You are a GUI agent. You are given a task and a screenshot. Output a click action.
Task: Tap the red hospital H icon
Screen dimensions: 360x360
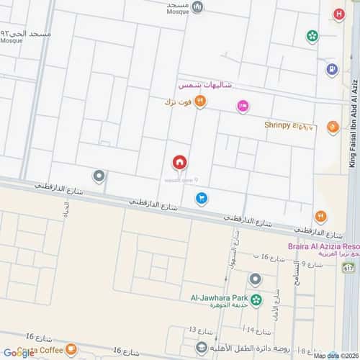pyautogui.click(x=338, y=14)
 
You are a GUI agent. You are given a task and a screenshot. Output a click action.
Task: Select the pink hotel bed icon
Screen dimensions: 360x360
pyautogui.click(x=243, y=106)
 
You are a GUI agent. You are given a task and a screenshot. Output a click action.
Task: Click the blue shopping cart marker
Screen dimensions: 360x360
pyautogui.click(x=202, y=197)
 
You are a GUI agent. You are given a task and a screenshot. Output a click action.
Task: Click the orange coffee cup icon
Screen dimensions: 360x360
pyautogui.click(x=71, y=351)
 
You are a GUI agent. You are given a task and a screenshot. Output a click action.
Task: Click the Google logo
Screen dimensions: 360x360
pyautogui.click(x=18, y=353)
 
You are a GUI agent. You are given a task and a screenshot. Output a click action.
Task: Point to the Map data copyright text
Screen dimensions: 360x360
pyautogui.click(x=335, y=356)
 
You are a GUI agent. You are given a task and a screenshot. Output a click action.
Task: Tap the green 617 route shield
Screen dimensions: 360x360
pyautogui.click(x=348, y=268)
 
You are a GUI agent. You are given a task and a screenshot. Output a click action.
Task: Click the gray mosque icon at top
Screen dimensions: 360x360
pyautogui.click(x=198, y=7)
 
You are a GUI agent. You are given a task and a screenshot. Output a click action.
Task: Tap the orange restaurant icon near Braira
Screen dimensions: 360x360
pyautogui.click(x=320, y=215)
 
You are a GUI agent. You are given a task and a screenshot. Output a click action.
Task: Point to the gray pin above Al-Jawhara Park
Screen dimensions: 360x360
pyautogui.click(x=254, y=279)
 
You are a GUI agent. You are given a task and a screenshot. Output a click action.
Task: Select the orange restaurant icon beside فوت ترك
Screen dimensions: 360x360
pyautogui.click(x=201, y=102)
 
